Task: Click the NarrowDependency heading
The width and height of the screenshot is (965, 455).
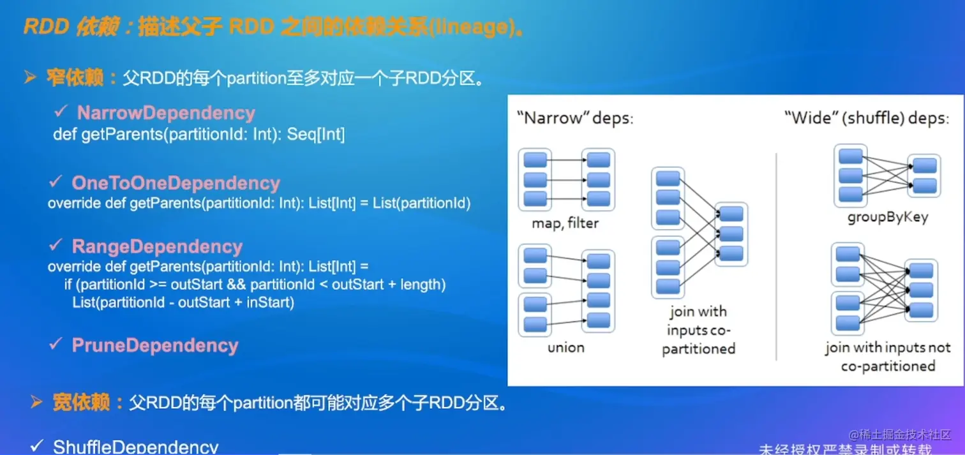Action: coord(166,113)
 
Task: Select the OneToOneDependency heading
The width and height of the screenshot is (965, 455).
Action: coord(176,183)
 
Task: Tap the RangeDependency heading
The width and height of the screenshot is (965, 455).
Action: coord(157,247)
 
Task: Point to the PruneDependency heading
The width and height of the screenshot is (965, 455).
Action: coord(154,345)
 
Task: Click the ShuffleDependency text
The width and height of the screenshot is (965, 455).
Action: coord(135,446)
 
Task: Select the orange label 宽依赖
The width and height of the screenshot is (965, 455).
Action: coord(81,403)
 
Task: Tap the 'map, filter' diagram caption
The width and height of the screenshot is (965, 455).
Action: coord(565,223)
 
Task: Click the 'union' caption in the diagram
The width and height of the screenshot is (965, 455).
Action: coord(565,348)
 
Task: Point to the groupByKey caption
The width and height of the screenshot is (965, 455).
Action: coord(888,217)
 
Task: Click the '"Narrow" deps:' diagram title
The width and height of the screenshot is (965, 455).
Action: coord(575,119)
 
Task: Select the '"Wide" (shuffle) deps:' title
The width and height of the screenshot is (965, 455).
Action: coord(866,119)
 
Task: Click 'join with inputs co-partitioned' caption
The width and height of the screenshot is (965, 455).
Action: coord(698,330)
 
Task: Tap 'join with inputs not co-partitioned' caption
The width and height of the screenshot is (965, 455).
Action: coord(888,357)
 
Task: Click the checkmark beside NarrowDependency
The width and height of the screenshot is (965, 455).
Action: coord(61,112)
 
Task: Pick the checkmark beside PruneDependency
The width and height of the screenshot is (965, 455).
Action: coord(56,345)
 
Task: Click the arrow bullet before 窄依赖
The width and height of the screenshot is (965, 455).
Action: coord(30,78)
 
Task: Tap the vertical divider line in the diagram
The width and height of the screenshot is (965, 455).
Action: coord(777,255)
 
